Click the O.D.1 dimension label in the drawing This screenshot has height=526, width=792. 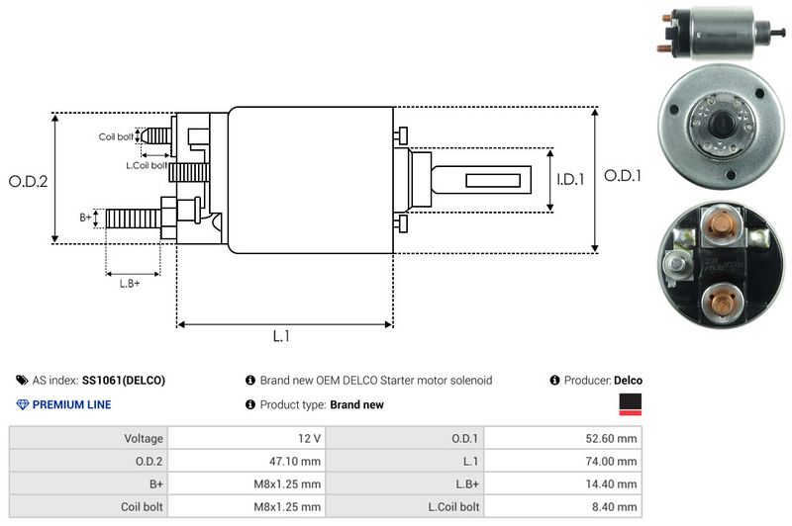[624, 176]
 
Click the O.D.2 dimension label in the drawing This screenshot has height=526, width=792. [28, 181]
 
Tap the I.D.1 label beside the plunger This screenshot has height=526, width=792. [571, 180]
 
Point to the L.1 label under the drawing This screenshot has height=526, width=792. [281, 336]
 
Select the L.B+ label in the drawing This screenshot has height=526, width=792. [130, 284]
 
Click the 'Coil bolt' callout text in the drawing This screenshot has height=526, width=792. [116, 136]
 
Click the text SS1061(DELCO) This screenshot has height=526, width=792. [124, 380]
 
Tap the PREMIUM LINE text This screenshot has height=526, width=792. [71, 404]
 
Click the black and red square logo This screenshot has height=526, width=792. [630, 404]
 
